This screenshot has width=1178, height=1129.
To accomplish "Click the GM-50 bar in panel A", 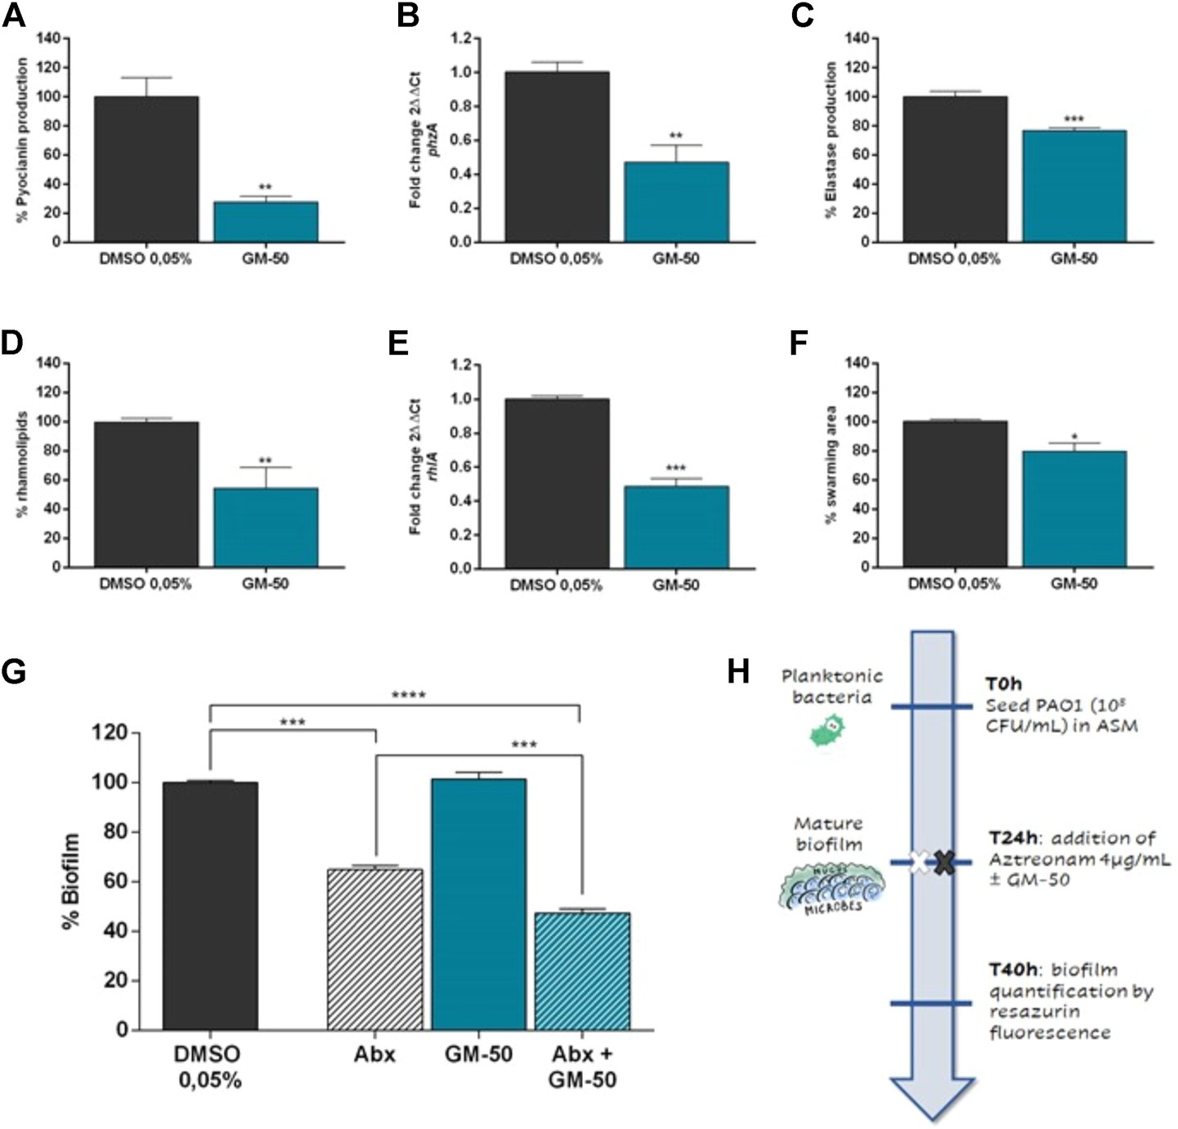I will coord(266,222).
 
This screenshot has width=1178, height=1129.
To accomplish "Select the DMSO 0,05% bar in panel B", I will coord(556,157).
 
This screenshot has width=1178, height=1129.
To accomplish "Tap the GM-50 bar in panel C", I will coord(1073,186).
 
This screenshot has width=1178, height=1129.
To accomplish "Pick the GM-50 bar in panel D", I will coord(266,527).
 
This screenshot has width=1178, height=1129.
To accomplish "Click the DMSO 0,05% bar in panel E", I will coord(556,483).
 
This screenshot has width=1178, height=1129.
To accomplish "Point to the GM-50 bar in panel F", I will coord(1073,508).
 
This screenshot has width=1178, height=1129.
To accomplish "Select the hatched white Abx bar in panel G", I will coord(374,949).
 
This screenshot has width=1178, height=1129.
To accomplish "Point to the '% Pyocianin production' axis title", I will coord(23,139).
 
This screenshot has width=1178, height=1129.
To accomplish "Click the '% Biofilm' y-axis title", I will coord(72,881).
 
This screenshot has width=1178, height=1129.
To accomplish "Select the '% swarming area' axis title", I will coord(831,464).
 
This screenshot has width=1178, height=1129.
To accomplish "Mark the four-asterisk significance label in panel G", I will coord(408,696).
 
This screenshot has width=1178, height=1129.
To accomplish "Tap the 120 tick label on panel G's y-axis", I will coord(110,733).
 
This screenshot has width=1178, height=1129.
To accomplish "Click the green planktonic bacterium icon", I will coord(828,730).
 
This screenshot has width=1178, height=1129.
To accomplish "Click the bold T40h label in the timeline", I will coord(1012,970).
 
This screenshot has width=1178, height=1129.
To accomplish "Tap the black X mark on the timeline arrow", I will coord(945,862).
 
